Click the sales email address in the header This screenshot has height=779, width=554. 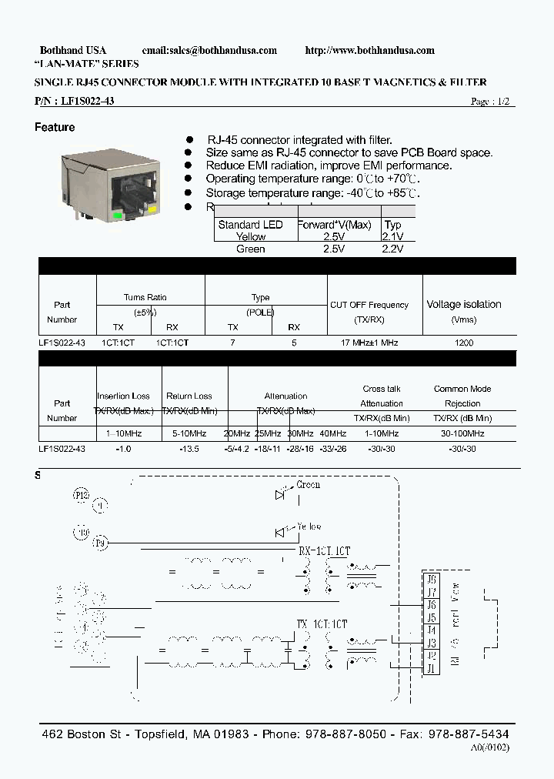pyautogui.click(x=210, y=50)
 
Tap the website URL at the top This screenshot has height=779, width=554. pyautogui.click(x=370, y=50)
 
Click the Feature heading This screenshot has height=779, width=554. pyautogui.click(x=55, y=127)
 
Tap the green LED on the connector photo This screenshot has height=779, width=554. pyautogui.click(x=117, y=216)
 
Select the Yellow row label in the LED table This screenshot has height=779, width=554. pyautogui.click(x=251, y=236)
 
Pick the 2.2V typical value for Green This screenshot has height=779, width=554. pyautogui.click(x=392, y=249)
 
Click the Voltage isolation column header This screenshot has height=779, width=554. pyautogui.click(x=464, y=304)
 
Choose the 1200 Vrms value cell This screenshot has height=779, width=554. pyautogui.click(x=464, y=343)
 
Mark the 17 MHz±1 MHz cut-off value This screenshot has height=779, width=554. pyautogui.click(x=369, y=343)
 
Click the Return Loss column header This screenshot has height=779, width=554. pyautogui.click(x=189, y=396)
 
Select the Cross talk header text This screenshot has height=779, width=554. pyautogui.click(x=382, y=389)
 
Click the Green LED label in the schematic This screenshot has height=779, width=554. pyautogui.click(x=308, y=485)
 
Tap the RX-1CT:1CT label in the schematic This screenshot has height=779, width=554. pyautogui.click(x=324, y=551)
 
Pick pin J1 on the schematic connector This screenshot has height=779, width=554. pyautogui.click(x=432, y=669)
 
